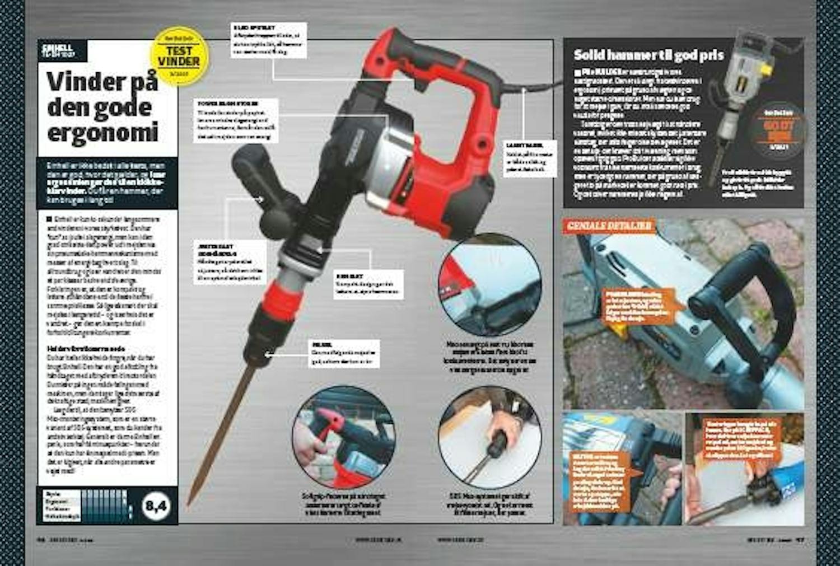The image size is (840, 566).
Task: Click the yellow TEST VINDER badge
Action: pos(179,56)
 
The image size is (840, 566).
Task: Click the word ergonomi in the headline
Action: pos(103,132)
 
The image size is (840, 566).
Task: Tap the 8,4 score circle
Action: pos(156,506)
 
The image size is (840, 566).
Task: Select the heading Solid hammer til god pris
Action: pos(648,55)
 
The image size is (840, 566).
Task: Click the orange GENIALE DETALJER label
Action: pos(609,226)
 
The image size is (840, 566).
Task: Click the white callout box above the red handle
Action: pos(269,40)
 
